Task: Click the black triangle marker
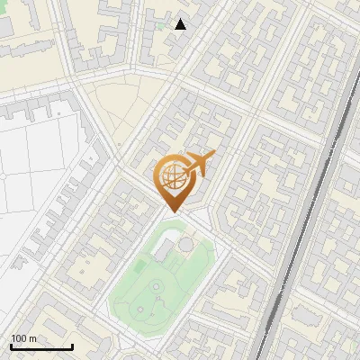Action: point(181,24)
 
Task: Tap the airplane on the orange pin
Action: point(200,163)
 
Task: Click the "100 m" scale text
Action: point(24,338)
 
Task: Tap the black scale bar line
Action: point(41,346)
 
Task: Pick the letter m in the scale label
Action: point(32,338)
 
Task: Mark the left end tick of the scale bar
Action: point(12,345)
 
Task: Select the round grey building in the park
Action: point(184,245)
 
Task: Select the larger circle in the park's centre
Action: point(157,286)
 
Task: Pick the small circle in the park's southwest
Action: point(140,309)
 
